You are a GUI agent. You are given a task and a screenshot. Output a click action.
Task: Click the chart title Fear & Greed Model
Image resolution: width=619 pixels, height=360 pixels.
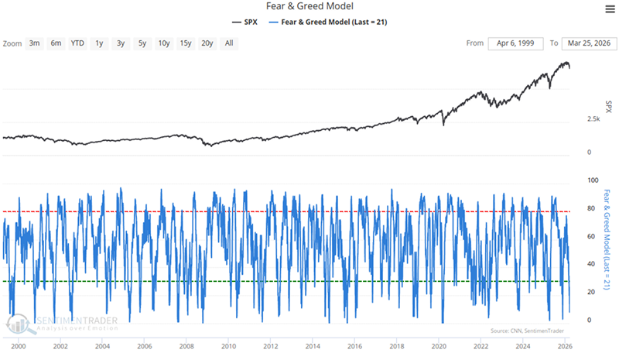click(x=309, y=7)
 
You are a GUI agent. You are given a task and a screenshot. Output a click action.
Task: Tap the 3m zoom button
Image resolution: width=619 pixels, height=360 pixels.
click(x=35, y=43)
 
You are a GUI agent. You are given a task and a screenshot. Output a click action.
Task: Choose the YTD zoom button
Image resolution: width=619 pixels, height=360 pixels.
click(x=77, y=43)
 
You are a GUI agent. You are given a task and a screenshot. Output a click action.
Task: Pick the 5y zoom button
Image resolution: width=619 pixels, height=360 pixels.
click(x=142, y=43)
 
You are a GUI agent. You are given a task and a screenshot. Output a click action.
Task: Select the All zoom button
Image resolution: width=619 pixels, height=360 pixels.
click(x=229, y=43)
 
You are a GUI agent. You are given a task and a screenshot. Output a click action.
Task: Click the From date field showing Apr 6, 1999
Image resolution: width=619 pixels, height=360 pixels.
click(x=516, y=43)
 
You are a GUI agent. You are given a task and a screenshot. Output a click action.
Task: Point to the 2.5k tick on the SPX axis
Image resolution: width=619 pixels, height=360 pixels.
click(x=593, y=119)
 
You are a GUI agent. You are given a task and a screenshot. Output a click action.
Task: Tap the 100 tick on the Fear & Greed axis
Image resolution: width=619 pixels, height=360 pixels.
click(x=593, y=180)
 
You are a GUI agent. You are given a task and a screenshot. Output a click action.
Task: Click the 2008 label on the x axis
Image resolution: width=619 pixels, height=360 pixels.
click(x=186, y=348)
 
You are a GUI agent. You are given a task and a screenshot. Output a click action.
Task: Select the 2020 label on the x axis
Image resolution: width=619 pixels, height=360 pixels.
click(x=439, y=348)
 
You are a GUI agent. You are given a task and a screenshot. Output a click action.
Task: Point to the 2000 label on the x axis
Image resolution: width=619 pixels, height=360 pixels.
click(x=19, y=348)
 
